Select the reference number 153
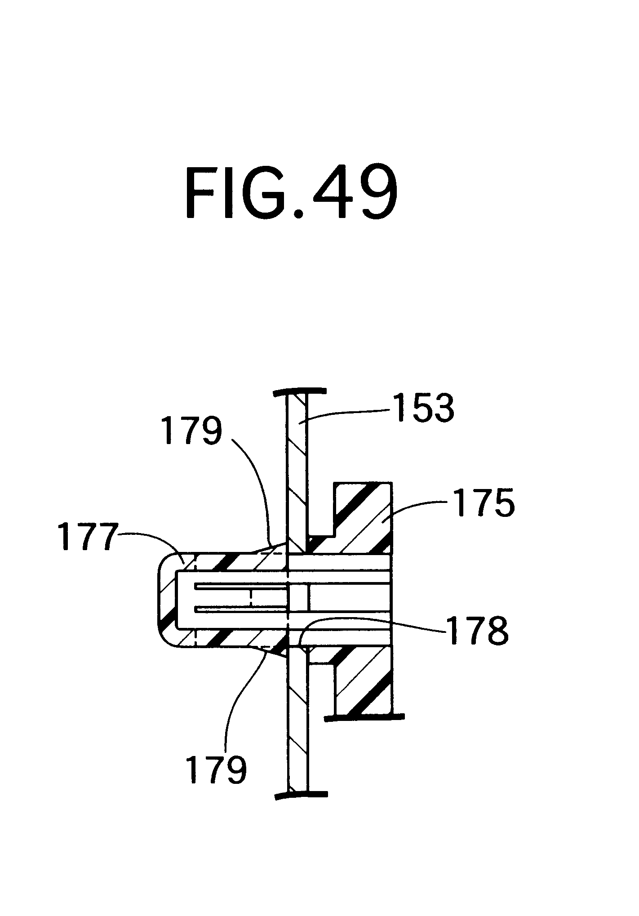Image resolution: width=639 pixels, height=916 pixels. point(424,408)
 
